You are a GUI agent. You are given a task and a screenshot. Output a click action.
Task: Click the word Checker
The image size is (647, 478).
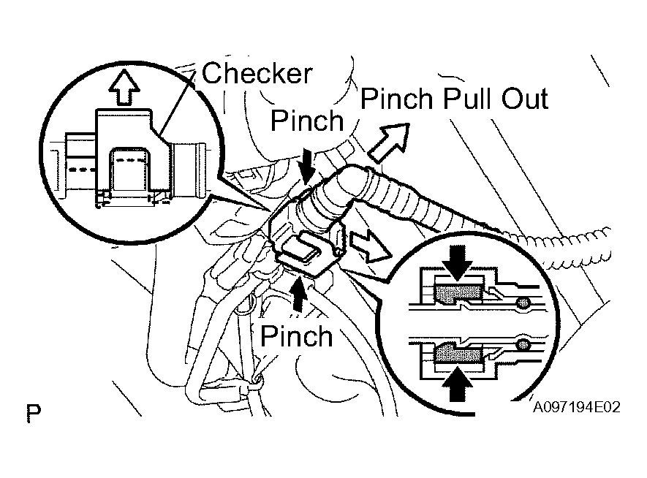coord(257,73)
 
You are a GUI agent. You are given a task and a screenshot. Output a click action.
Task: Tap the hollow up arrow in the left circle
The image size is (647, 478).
coord(124,88)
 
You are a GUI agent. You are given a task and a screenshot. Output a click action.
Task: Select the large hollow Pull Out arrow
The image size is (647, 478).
coord(389,143)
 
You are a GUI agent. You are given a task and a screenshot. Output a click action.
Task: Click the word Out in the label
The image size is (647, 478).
coord(525,99)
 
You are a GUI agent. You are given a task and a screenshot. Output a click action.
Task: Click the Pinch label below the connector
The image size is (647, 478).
coord(296,335)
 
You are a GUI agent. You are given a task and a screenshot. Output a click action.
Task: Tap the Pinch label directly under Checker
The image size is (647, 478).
coord(307,121)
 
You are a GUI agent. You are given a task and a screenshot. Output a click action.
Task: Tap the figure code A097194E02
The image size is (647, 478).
coord(576,407)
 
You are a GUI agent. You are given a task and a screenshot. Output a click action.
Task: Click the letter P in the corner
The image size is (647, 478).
coord(34,413)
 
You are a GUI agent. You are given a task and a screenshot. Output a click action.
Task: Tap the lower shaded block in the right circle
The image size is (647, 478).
coord(458,354)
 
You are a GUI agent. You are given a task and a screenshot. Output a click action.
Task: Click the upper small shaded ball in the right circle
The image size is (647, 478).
coord(523,303)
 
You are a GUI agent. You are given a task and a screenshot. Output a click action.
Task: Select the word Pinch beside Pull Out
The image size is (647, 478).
coord(397,99)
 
